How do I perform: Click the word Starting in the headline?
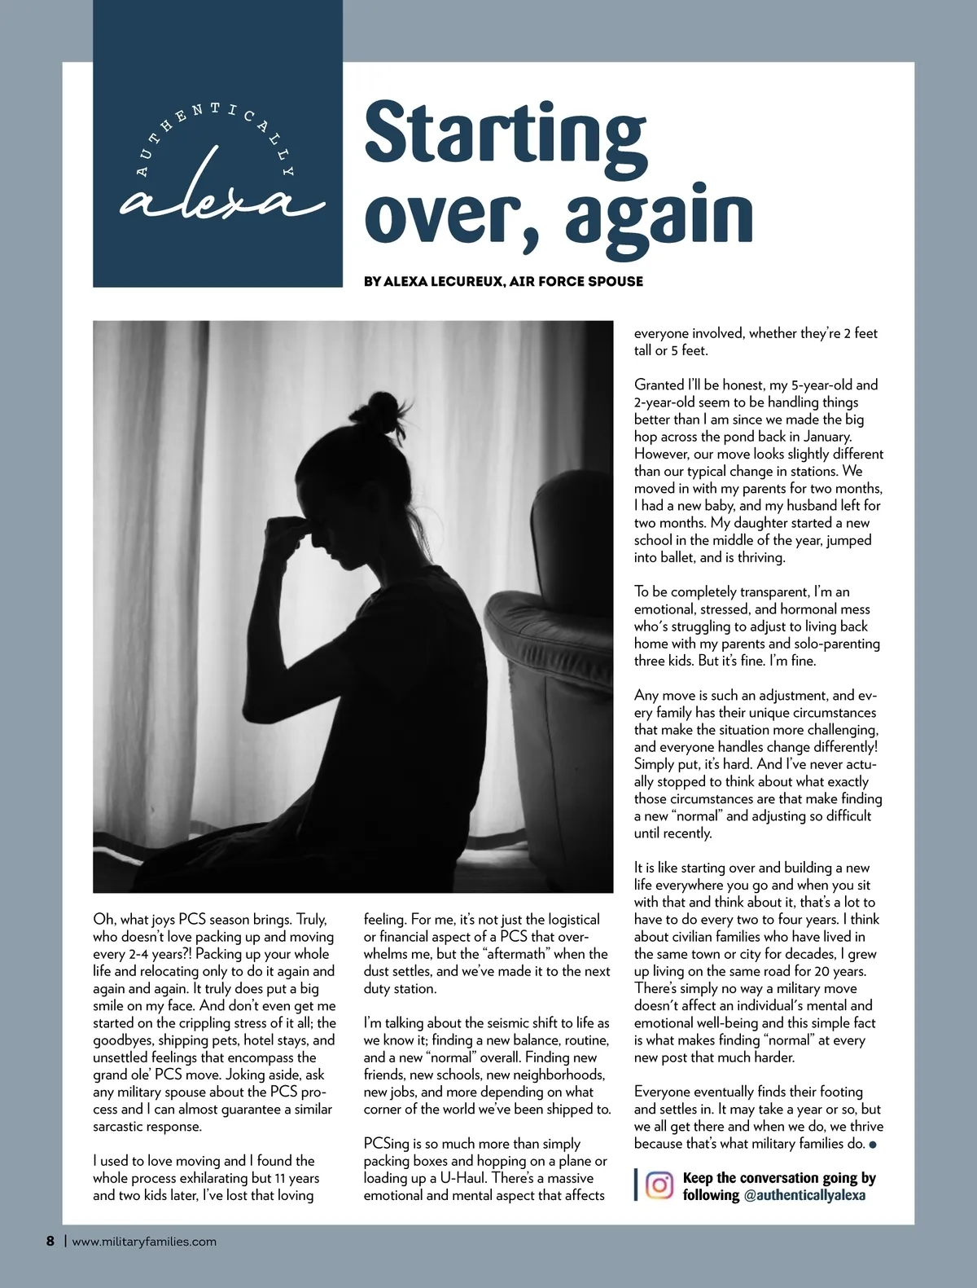(505, 132)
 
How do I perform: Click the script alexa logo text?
(220, 198)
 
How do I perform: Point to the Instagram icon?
(659, 1185)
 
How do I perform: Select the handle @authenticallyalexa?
(804, 1195)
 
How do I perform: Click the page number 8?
(50, 1241)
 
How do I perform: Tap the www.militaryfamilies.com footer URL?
(144, 1242)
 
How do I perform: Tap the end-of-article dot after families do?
(874, 1145)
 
